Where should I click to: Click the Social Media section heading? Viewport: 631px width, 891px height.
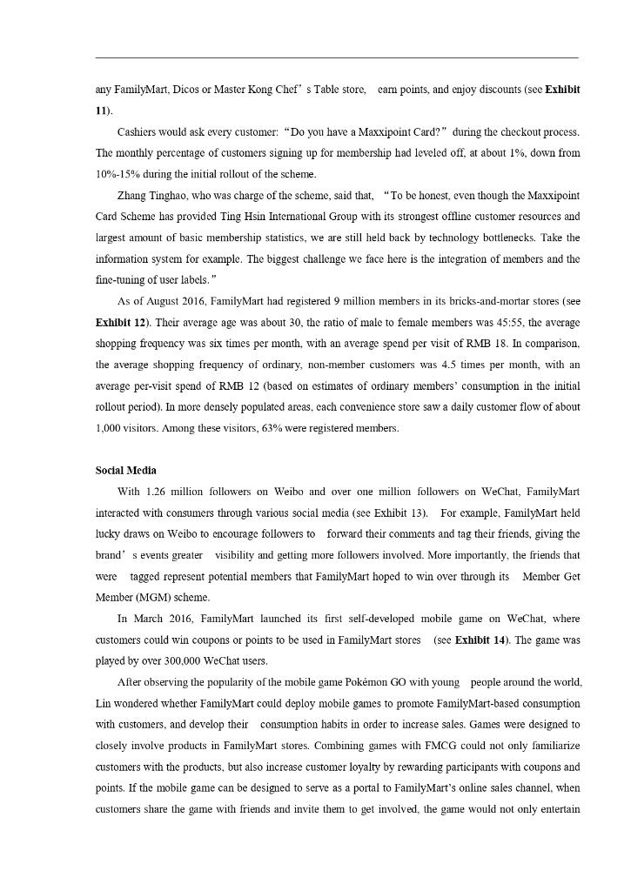pyautogui.click(x=125, y=471)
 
